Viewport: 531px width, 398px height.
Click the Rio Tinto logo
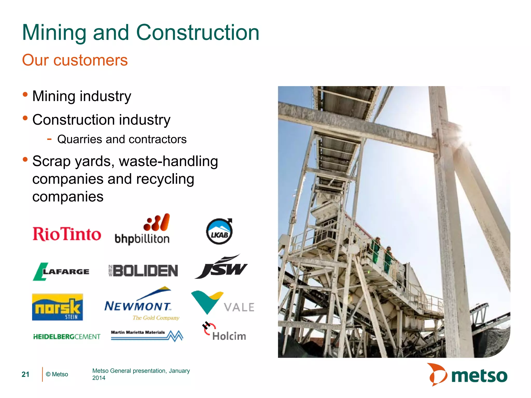pyautogui.click(x=67, y=234)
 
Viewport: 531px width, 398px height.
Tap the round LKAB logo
pyautogui.click(x=219, y=231)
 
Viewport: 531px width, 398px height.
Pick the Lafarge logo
pyautogui.click(x=61, y=271)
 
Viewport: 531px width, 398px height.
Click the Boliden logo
pyautogui.click(x=143, y=271)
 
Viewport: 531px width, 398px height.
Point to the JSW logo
pyautogui.click(x=221, y=267)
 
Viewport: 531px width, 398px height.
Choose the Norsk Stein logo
pyautogui.click(x=58, y=307)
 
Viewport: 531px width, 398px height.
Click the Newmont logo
pyautogui.click(x=141, y=304)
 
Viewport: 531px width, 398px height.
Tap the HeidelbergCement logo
pyautogui.click(x=67, y=337)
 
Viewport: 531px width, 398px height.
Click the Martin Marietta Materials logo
pyautogui.click(x=147, y=335)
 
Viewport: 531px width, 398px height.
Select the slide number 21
pyautogui.click(x=25, y=374)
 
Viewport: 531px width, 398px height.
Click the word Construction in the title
pyautogui.click(x=198, y=33)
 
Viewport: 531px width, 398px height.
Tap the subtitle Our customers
pyautogui.click(x=75, y=60)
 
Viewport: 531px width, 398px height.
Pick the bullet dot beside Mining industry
pyautogui.click(x=25, y=94)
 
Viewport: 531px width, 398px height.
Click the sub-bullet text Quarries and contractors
pyautogui.click(x=122, y=139)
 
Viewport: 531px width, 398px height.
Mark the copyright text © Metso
pyautogui.click(x=57, y=374)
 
